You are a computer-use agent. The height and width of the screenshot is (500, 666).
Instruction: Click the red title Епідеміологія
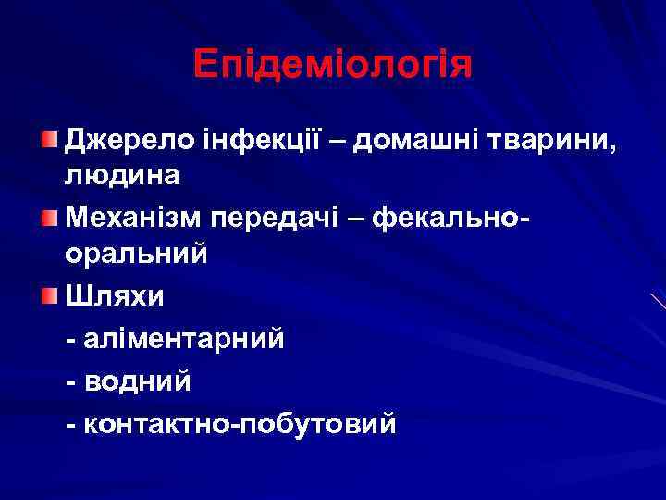point(333,64)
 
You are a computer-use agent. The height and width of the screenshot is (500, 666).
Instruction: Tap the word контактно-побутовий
point(240,423)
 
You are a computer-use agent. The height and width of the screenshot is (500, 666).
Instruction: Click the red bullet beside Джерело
point(48,140)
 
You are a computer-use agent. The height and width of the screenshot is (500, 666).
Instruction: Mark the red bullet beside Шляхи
point(48,297)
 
